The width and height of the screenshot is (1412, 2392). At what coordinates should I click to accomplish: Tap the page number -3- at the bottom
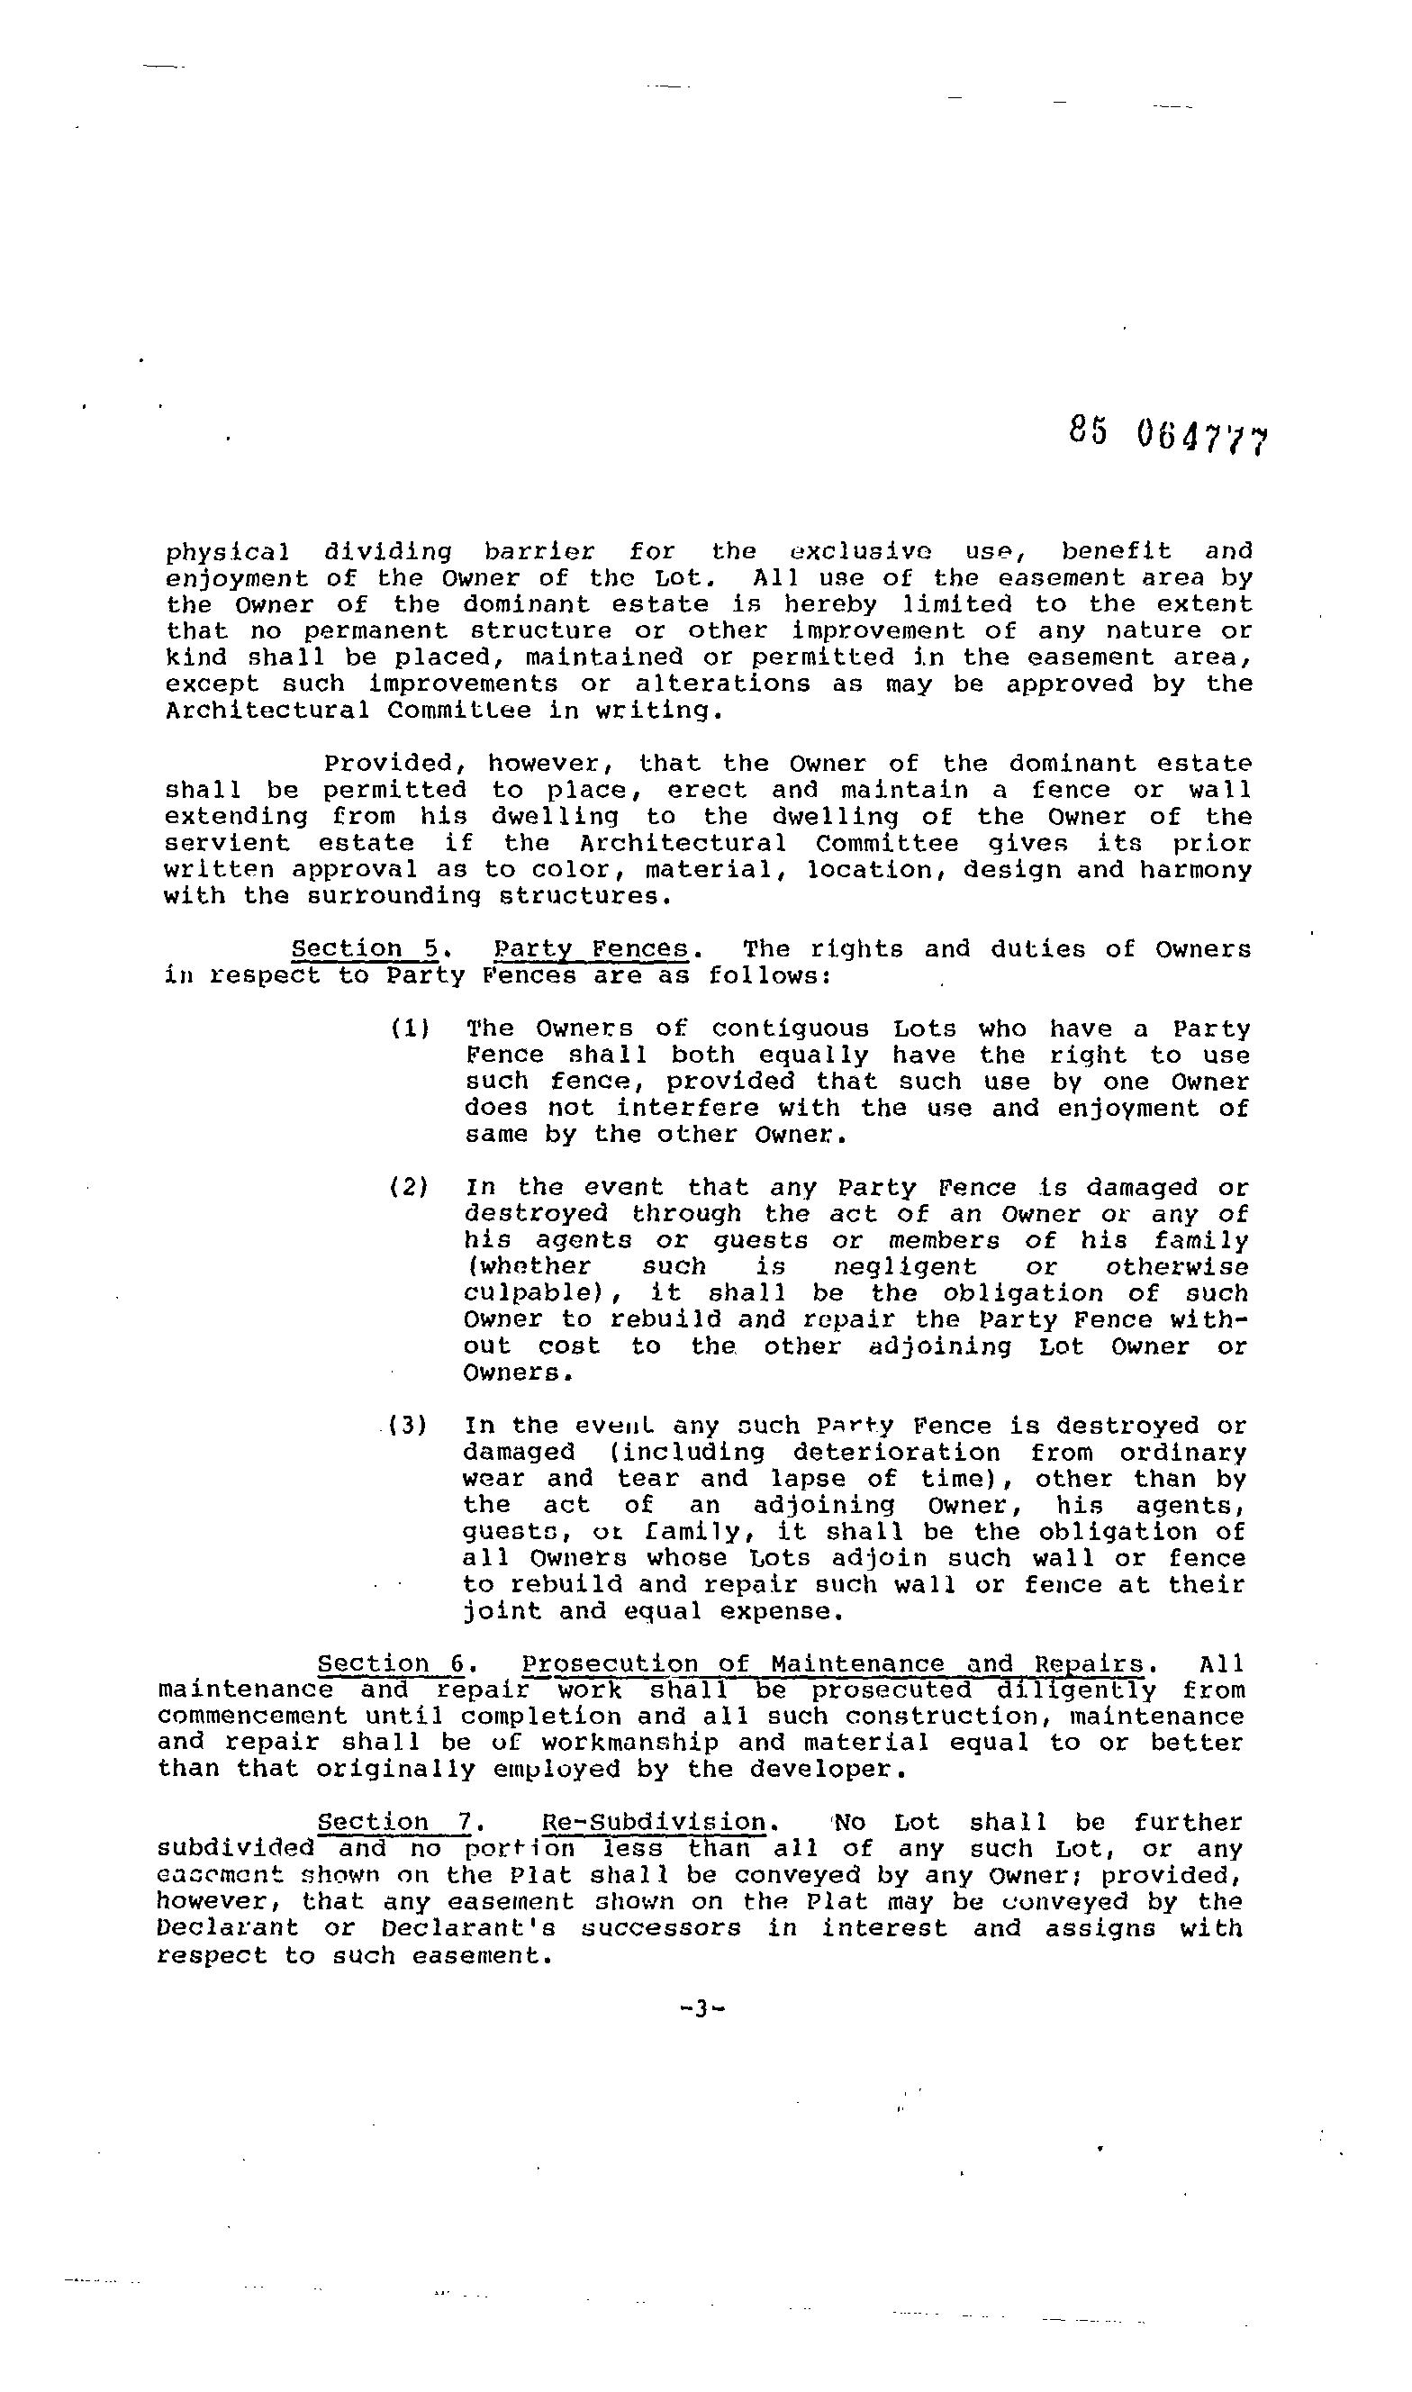point(703,2008)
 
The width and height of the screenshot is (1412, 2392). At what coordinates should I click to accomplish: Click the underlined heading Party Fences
point(591,948)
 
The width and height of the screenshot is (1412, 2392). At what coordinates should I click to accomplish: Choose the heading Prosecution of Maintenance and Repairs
point(833,1663)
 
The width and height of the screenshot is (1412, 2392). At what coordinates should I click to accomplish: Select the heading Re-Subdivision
point(654,1822)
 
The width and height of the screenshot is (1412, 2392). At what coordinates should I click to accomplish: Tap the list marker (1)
point(409,1028)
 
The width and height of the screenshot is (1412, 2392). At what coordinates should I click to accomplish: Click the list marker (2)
point(409,1187)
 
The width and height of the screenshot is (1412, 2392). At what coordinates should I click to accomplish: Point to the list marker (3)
point(409,1426)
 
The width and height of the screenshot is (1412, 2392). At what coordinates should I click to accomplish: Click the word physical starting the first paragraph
point(229,552)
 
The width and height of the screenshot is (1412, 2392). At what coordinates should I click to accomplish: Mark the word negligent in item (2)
point(905,1267)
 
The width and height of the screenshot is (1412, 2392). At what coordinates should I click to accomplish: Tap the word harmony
point(1200,870)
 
